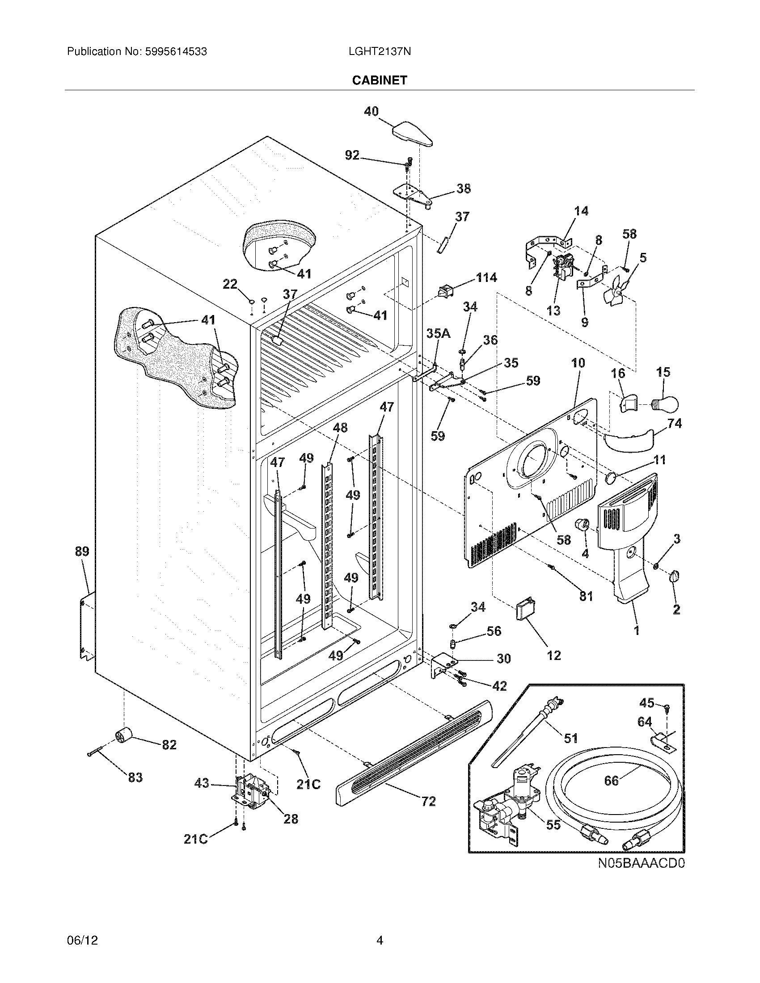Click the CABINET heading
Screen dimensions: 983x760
(x=379, y=80)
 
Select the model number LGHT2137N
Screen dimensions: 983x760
(x=379, y=52)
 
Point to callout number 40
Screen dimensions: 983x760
(x=371, y=111)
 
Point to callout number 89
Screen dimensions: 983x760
(x=82, y=551)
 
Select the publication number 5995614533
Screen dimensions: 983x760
(x=176, y=52)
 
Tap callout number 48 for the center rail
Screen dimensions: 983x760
(x=340, y=427)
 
